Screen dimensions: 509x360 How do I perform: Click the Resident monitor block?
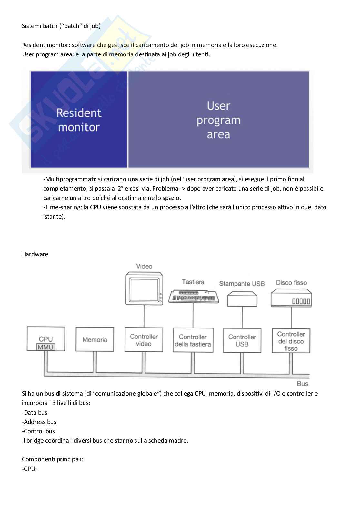click(79, 120)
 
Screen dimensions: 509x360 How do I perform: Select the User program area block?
click(218, 120)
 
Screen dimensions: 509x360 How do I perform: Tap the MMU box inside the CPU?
click(46, 347)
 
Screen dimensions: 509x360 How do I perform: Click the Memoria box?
click(95, 339)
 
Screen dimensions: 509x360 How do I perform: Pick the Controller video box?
click(144, 340)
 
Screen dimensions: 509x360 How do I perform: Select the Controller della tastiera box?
click(193, 340)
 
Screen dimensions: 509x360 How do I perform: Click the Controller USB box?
click(242, 340)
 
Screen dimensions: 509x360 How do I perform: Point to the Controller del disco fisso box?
click(291, 341)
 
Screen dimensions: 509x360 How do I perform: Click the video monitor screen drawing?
click(144, 289)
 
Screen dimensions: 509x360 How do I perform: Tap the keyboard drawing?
click(194, 296)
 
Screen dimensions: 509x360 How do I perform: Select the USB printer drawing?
click(242, 299)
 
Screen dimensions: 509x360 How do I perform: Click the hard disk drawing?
click(291, 298)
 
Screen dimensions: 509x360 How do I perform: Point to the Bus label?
click(303, 384)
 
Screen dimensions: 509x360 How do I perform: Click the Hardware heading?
click(35, 254)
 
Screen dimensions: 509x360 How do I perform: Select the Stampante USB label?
click(242, 284)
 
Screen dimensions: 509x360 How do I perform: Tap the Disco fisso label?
click(291, 283)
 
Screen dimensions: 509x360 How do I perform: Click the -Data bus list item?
click(35, 412)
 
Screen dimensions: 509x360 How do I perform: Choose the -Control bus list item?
click(38, 431)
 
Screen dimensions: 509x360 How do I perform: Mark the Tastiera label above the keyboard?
click(193, 282)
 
